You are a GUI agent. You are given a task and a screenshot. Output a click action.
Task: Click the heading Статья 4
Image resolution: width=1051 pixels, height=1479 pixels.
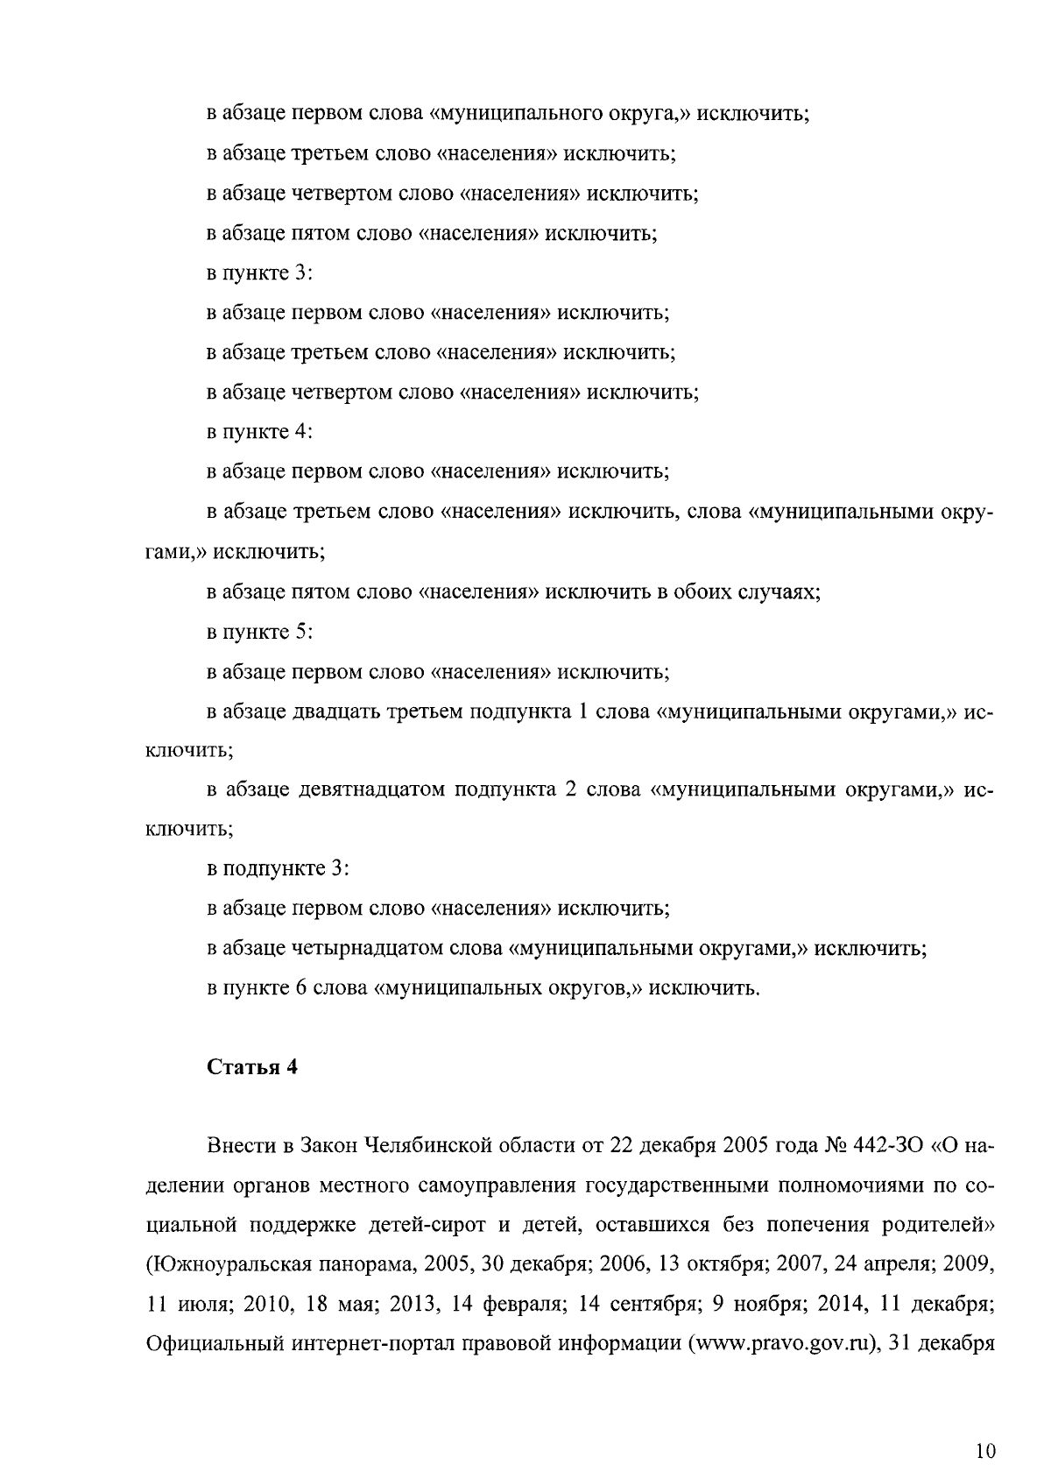[252, 1067]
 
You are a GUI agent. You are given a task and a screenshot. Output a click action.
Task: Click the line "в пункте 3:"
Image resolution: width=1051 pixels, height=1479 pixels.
[259, 272]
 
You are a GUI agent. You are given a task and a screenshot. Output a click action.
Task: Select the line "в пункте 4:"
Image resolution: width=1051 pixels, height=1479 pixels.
[259, 432]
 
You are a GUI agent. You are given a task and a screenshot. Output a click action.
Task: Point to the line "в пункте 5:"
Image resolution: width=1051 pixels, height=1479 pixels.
[259, 632]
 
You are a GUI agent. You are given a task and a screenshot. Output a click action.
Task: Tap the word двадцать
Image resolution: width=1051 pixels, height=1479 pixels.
[333, 711]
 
